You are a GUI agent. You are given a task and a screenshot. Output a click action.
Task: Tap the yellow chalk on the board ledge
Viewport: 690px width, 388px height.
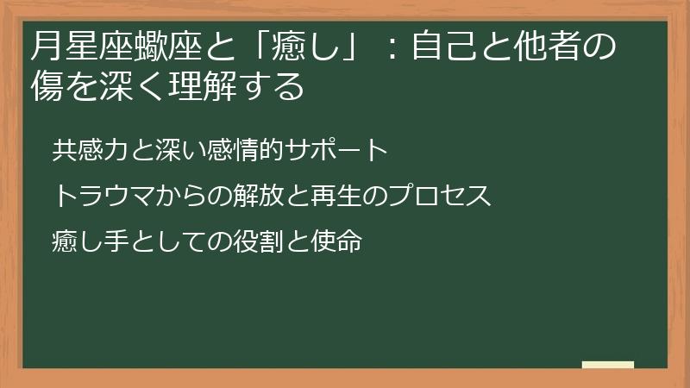(607, 364)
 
